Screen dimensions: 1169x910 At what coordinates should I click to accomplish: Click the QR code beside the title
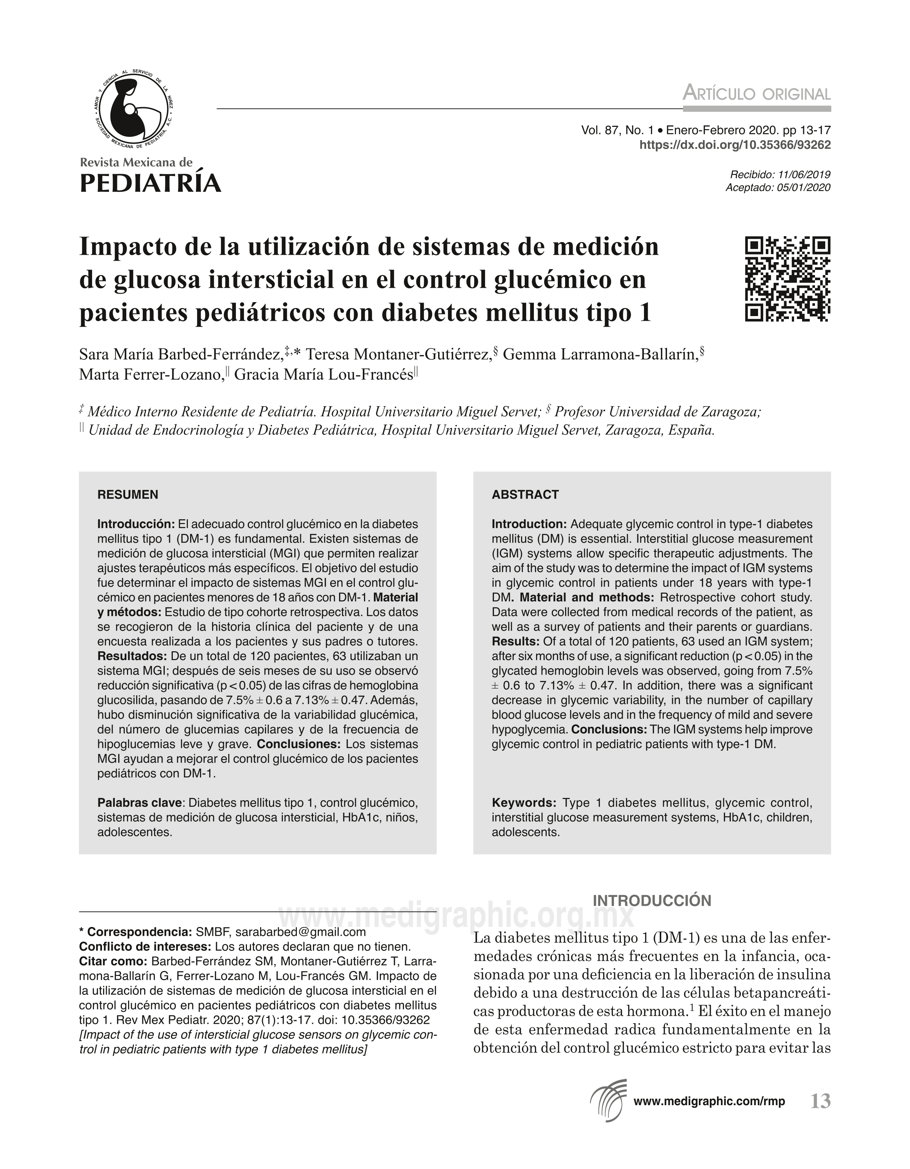[787, 279]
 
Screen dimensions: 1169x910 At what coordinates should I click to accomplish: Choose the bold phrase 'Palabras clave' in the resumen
[140, 803]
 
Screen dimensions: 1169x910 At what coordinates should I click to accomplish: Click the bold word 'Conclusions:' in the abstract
[609, 730]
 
